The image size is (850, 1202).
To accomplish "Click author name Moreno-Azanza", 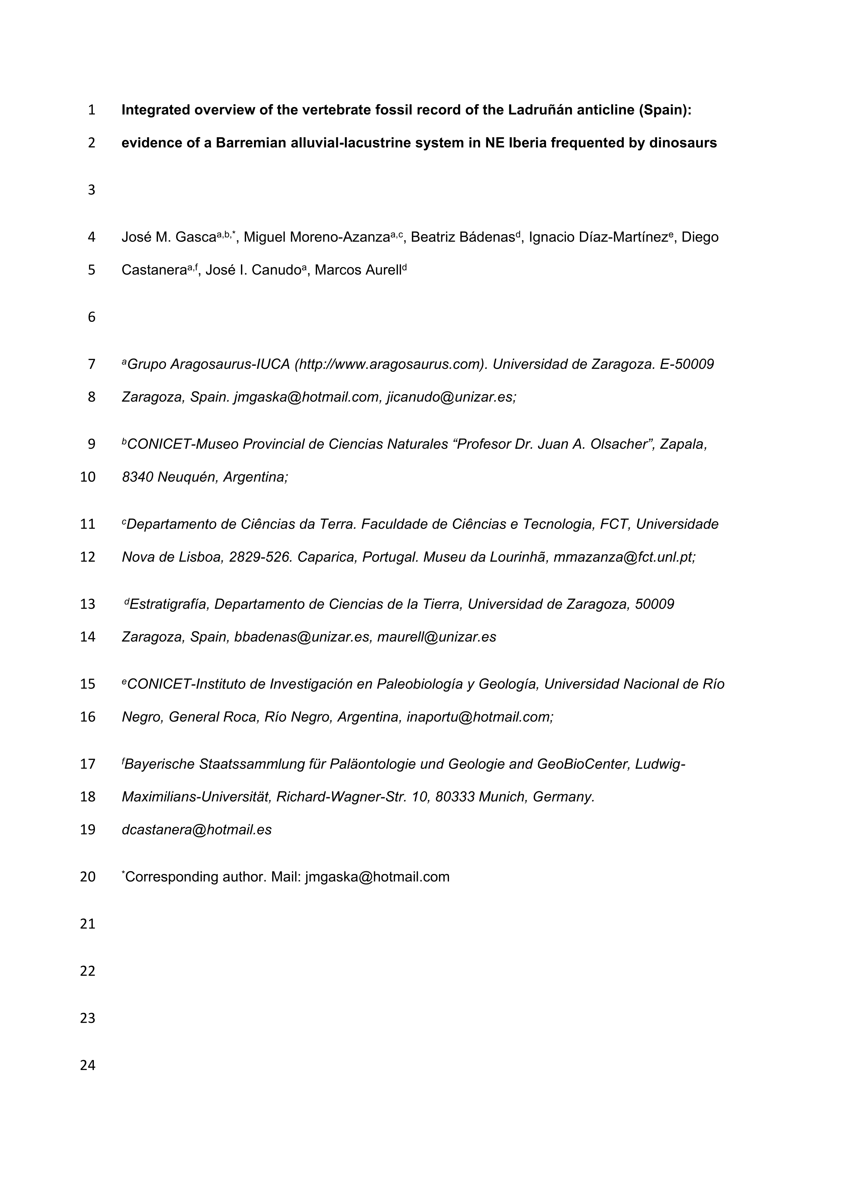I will point(340,238).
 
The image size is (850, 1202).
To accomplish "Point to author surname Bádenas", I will point(487,238).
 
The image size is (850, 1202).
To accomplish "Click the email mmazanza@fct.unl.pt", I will point(624,557).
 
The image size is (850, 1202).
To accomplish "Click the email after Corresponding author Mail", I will point(377,877).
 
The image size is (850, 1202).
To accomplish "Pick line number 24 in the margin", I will point(87,1065).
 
